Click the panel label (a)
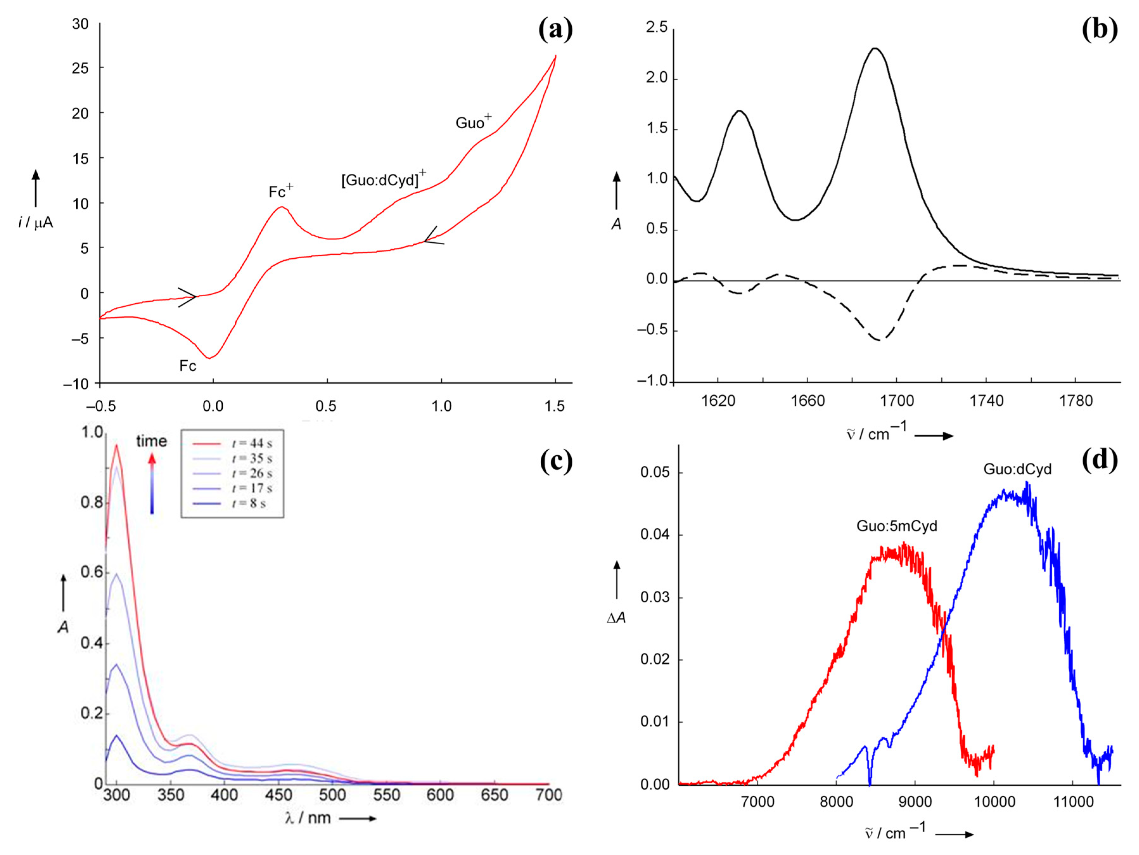pyautogui.click(x=555, y=29)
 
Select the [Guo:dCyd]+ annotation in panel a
pyautogui.click(x=384, y=179)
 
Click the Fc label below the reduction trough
pyautogui.click(x=188, y=366)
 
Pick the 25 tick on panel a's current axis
pyautogui.click(x=80, y=68)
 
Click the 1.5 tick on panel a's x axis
pyautogui.click(x=555, y=406)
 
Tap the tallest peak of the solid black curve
pyautogui.click(x=874, y=49)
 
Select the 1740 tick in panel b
pyautogui.click(x=986, y=401)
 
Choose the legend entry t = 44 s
pyautogui.click(x=251, y=443)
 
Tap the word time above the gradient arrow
pyautogui.click(x=151, y=441)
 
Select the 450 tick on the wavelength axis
pyautogui.click(x=278, y=795)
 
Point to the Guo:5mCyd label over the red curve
pyautogui.click(x=896, y=526)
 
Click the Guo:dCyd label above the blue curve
pyautogui.click(x=1017, y=469)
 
